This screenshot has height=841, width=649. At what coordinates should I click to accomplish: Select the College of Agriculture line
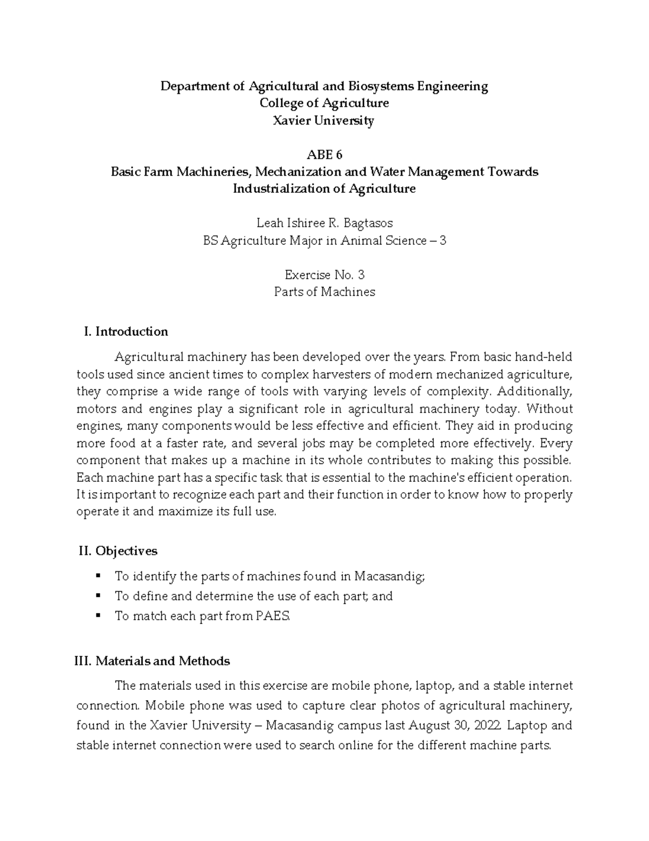pos(324,103)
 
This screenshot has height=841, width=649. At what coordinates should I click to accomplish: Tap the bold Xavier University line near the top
pos(324,120)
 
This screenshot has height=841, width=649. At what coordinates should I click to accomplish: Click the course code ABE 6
pos(324,155)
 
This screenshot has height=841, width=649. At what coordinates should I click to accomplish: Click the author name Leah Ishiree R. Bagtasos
pos(324,223)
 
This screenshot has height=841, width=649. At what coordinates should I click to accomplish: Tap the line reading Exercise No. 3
pos(324,275)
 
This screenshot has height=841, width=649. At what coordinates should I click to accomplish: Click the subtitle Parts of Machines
pos(324,292)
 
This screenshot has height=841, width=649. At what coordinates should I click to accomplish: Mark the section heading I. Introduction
pos(126,331)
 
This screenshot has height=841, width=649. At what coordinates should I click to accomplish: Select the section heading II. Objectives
pos(118,551)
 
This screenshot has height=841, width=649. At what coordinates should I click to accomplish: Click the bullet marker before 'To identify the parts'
pos(97,576)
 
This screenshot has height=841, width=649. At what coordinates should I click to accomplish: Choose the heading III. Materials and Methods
pos(152,661)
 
